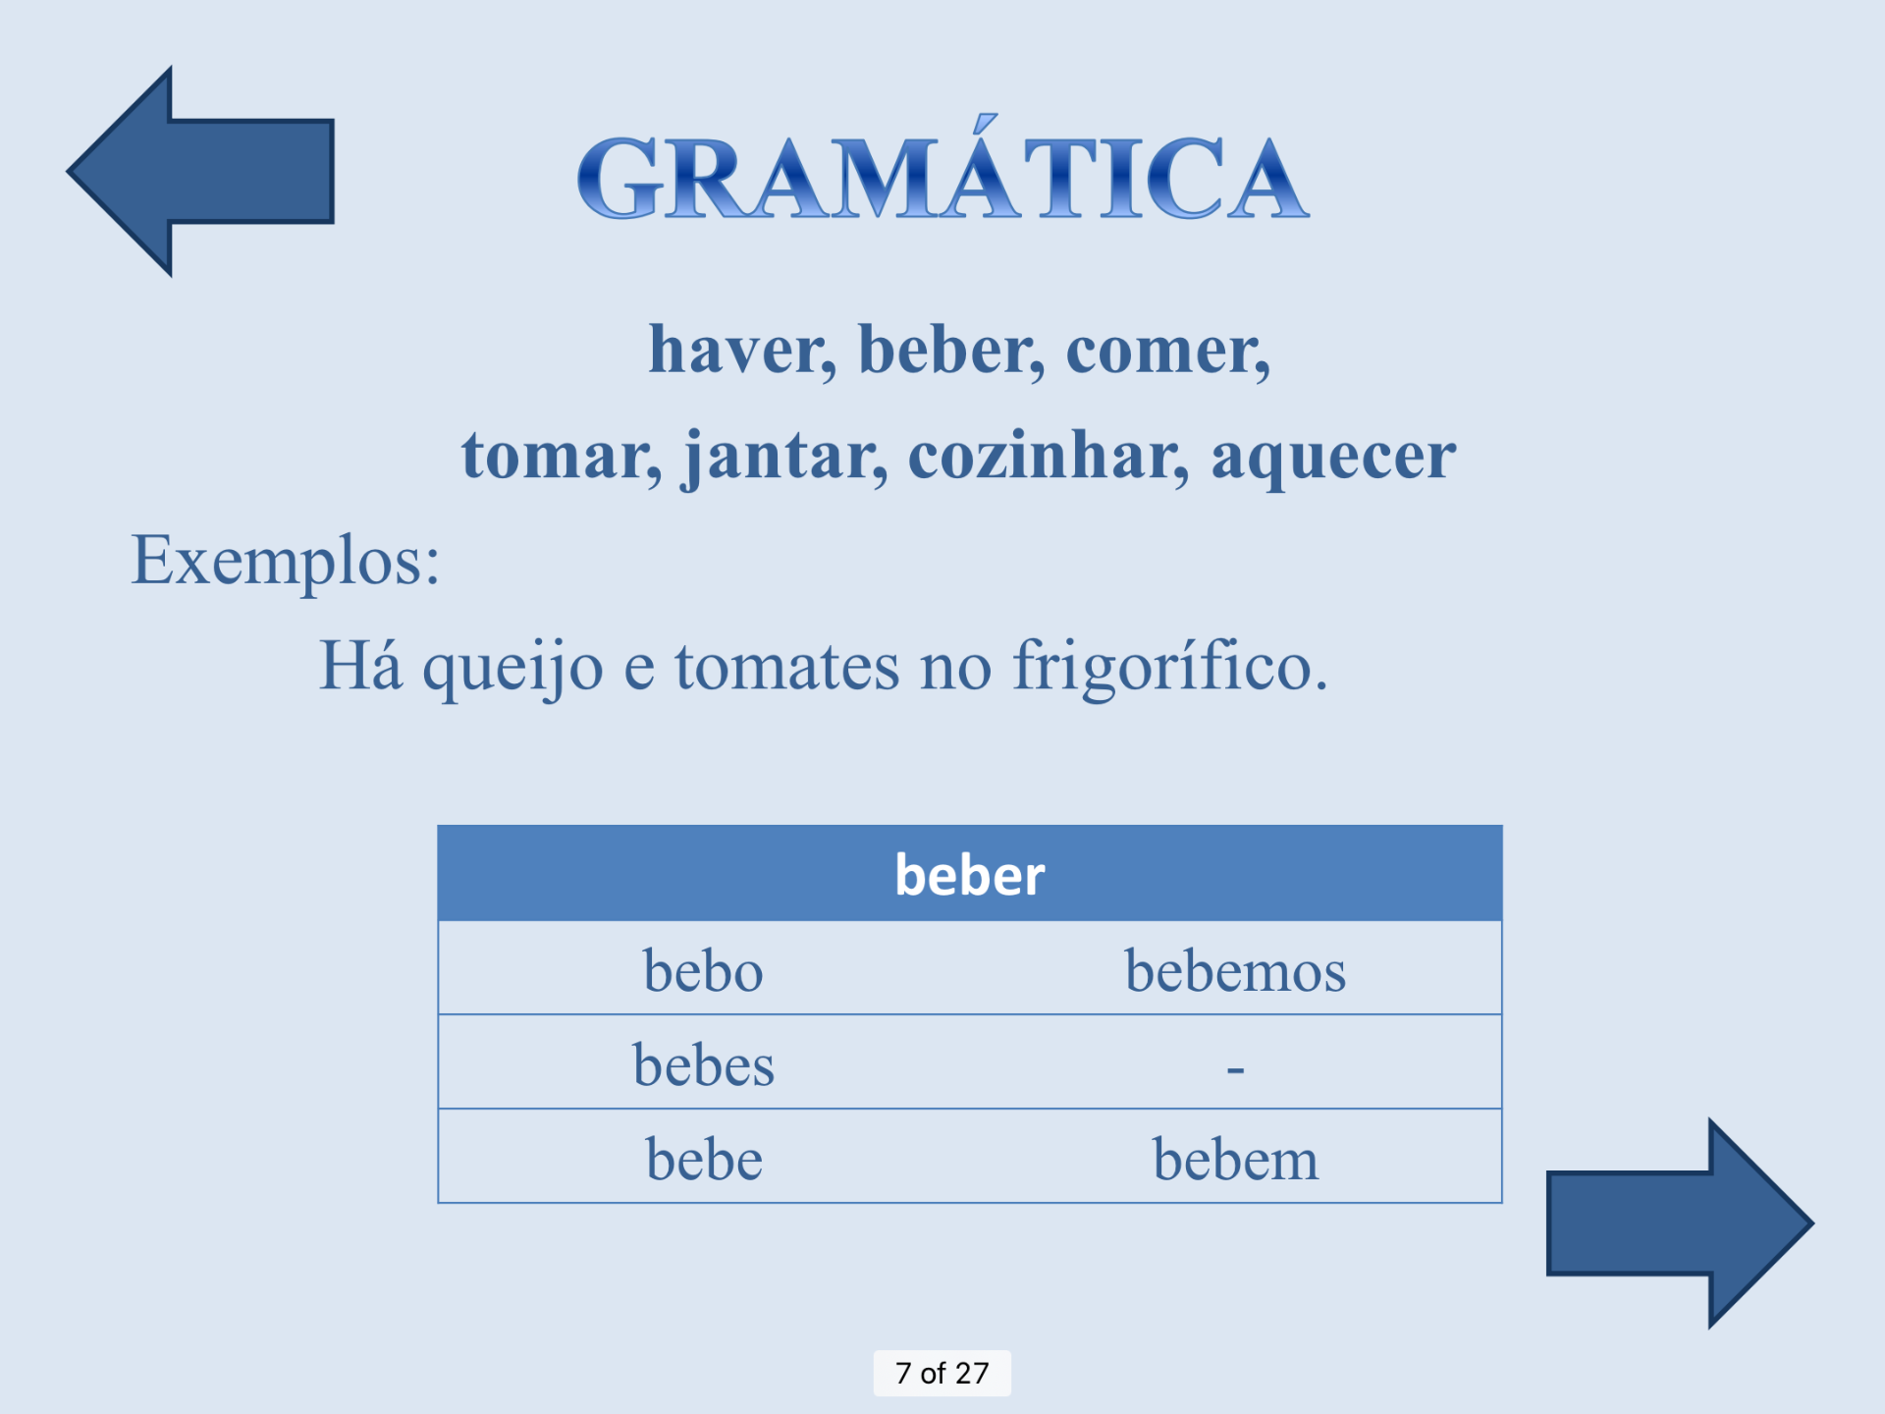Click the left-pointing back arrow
[201, 172]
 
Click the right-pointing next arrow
[1679, 1224]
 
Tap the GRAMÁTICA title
[942, 169]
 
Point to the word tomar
[562, 458]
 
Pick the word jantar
[786, 458]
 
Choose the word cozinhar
[1049, 456]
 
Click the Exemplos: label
[286, 561]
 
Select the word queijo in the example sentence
[512, 668]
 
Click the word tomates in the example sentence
[786, 666]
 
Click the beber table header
[970, 873]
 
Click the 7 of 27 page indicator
[942, 1373]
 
